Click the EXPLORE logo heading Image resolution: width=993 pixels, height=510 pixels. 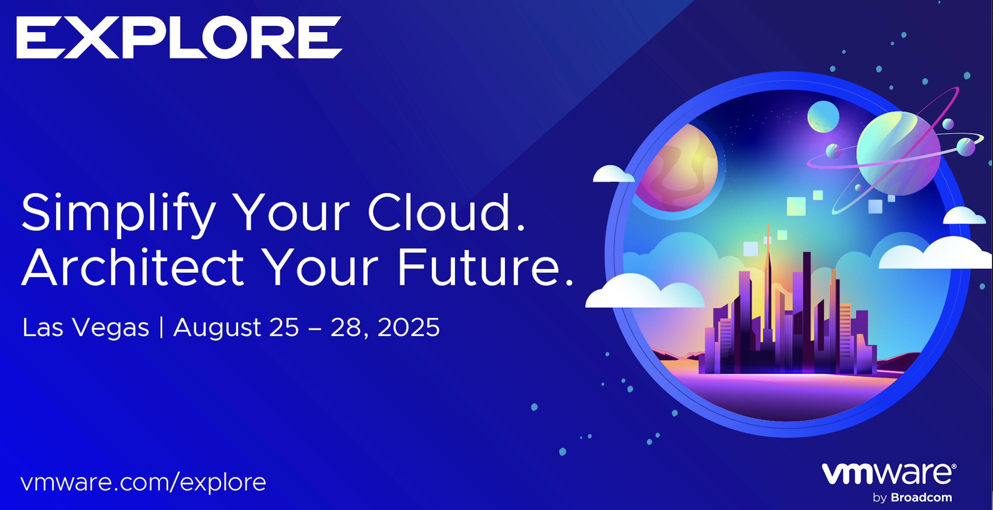(179, 37)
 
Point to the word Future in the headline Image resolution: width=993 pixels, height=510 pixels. (478, 267)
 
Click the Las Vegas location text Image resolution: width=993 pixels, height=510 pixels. (86, 328)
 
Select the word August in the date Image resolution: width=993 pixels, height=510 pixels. (217, 328)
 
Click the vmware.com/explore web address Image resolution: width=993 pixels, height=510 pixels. (143, 483)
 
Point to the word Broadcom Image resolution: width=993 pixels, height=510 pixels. (921, 498)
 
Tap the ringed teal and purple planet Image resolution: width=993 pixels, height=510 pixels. (898, 153)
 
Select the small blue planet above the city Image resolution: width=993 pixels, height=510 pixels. (823, 117)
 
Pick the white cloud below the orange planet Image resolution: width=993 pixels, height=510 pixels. (645, 292)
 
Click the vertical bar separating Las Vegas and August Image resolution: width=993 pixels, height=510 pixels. (161, 327)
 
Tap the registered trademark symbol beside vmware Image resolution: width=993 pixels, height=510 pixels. (954, 466)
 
